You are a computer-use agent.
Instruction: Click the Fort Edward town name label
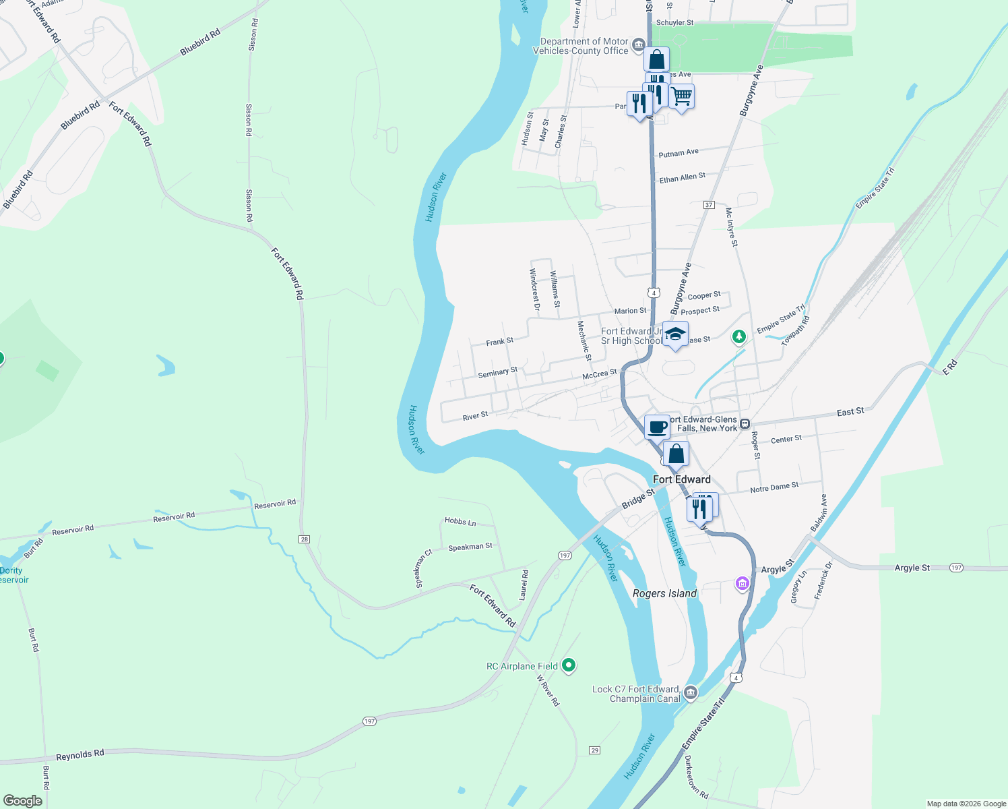(x=681, y=479)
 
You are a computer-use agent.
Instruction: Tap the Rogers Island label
(x=664, y=593)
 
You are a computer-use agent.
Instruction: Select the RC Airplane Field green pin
(x=569, y=665)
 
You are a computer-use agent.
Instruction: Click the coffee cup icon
(x=657, y=427)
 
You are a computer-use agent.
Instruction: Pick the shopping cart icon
(x=681, y=97)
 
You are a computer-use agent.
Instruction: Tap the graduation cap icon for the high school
(x=675, y=334)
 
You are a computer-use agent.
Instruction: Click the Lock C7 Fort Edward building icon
(x=691, y=693)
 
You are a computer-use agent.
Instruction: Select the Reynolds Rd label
(x=80, y=755)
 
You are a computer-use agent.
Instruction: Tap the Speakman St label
(x=470, y=547)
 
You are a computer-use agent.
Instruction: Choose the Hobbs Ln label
(x=460, y=521)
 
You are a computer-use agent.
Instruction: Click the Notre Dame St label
(x=774, y=487)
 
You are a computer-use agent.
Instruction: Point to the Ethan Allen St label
(x=682, y=178)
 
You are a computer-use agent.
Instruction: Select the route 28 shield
(x=305, y=539)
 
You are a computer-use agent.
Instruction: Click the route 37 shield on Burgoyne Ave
(x=708, y=204)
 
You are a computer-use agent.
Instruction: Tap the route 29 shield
(x=594, y=750)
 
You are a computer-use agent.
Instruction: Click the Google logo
(x=23, y=801)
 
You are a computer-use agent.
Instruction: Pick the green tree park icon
(x=739, y=336)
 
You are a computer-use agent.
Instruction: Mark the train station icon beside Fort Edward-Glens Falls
(x=745, y=424)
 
